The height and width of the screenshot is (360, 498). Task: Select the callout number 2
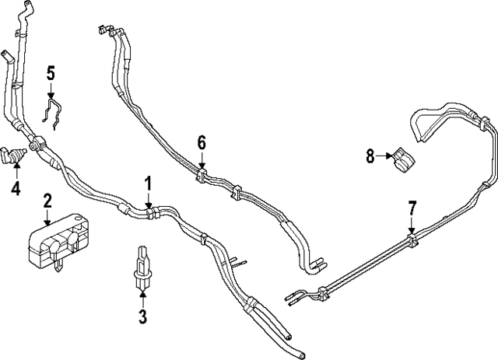47,202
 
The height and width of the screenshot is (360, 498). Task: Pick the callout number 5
51,75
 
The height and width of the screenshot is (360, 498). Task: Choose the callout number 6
202,142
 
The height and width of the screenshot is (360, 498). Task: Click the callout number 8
370,157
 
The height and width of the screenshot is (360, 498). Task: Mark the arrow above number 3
142,297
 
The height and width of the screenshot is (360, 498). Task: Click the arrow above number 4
15,170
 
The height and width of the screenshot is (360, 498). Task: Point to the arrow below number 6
202,160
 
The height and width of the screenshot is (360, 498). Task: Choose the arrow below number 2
47,218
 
